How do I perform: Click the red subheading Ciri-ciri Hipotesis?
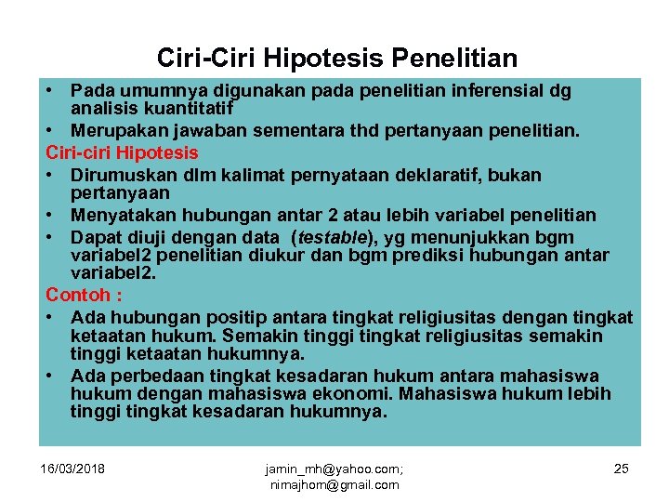[122, 152]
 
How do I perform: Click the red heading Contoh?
[81, 295]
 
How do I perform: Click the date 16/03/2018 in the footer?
[72, 468]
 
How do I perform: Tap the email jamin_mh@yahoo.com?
[333, 469]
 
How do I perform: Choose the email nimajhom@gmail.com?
[333, 484]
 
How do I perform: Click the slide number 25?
[621, 468]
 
